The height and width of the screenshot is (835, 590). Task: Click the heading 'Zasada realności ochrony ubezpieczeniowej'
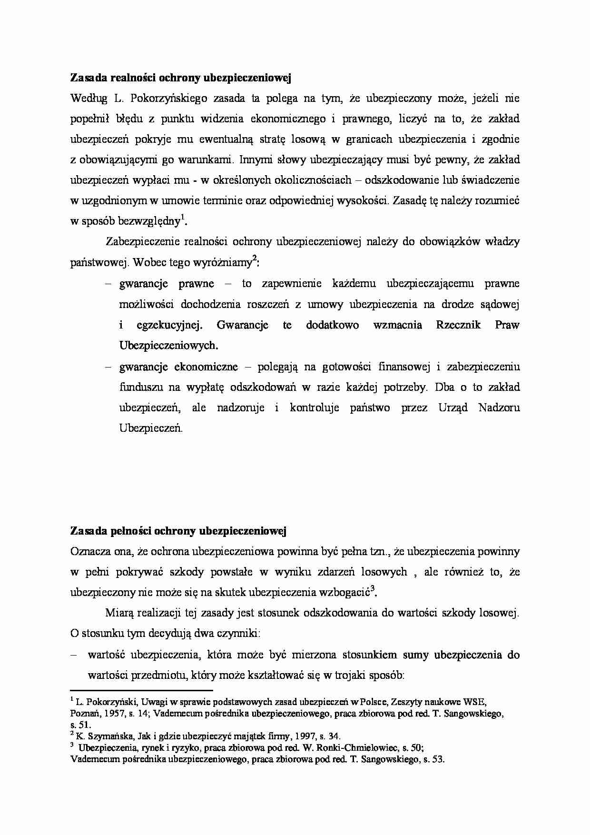[x=180, y=78]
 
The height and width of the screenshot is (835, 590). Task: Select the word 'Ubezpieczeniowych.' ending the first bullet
[x=168, y=346]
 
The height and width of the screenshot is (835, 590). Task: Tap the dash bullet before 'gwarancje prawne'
[x=108, y=284]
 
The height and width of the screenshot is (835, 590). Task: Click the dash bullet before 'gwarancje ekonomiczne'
[x=108, y=367]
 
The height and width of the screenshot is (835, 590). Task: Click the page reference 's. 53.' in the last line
[x=433, y=760]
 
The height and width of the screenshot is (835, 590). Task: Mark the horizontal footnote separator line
[x=141, y=690]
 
